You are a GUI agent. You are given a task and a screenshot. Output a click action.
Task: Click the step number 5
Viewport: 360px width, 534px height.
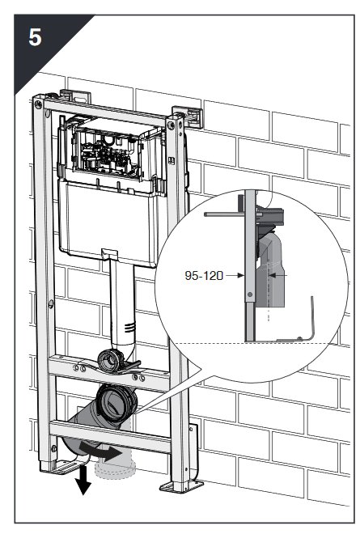[35, 37]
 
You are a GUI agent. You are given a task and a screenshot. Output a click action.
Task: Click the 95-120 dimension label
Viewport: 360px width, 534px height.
[204, 275]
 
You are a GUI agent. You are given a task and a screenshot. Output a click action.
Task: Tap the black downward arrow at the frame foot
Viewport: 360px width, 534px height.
[83, 481]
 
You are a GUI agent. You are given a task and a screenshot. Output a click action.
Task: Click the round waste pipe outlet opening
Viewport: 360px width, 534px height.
[115, 404]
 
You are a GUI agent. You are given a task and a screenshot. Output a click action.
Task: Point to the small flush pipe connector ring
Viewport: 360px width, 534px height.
[110, 359]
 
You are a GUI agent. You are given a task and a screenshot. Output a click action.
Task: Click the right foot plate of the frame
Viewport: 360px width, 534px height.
[181, 486]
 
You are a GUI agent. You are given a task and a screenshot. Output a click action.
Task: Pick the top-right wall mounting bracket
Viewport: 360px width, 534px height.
[188, 117]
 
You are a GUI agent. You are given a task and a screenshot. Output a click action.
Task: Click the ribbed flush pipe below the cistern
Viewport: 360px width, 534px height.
[123, 303]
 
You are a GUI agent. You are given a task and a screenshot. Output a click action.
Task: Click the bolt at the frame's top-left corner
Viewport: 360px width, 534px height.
[38, 104]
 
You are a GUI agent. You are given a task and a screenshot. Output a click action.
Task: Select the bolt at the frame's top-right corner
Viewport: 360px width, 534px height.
[171, 125]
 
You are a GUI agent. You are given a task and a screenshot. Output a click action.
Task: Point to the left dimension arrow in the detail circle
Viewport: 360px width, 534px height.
[235, 275]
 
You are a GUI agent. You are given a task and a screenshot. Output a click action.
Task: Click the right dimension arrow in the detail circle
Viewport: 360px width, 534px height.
[277, 274]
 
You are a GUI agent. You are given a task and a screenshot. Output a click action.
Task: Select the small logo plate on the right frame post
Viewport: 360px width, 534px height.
[172, 160]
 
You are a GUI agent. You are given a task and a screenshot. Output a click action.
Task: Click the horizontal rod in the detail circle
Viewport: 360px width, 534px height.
[225, 214]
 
